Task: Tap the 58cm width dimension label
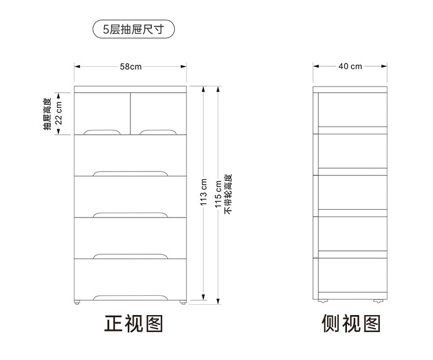pyautogui.click(x=130, y=67)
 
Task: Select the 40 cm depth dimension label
pyautogui.click(x=350, y=66)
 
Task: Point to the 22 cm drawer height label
pyautogui.click(x=59, y=113)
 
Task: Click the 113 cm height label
pyautogui.click(x=203, y=192)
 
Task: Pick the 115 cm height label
pyautogui.click(x=218, y=193)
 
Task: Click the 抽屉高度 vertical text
pyautogui.click(x=48, y=113)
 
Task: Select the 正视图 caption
pyautogui.click(x=134, y=324)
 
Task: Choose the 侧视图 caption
pyautogui.click(x=351, y=324)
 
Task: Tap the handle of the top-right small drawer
pyautogui.click(x=157, y=132)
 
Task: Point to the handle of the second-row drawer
pyautogui.click(x=130, y=173)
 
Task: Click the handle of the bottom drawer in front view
pyautogui.click(x=130, y=298)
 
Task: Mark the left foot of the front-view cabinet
pyautogui.click(x=77, y=302)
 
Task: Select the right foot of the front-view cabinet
pyautogui.click(x=183, y=302)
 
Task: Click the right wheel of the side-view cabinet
pyautogui.click(x=378, y=301)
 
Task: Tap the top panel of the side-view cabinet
pyautogui.click(x=350, y=89)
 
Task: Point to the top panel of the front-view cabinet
pyautogui.click(x=130, y=89)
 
